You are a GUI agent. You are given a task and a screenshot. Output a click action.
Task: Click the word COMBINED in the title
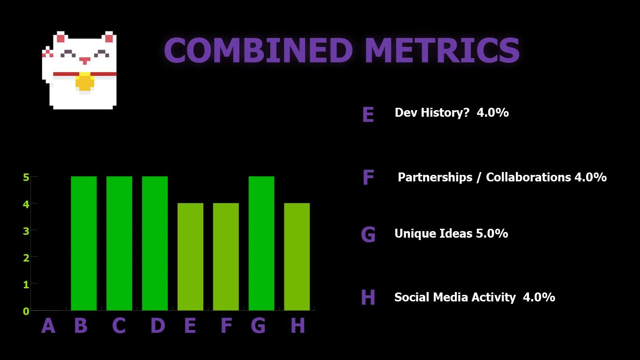coord(258,50)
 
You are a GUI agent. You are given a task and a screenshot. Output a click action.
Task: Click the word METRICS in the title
coord(442,50)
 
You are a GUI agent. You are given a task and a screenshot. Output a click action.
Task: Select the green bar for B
coord(84,243)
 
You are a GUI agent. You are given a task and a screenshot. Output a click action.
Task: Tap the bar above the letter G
coord(261,243)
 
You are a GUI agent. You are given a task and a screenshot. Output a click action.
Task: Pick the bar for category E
coord(190,257)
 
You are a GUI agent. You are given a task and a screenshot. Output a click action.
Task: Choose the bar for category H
coord(297,257)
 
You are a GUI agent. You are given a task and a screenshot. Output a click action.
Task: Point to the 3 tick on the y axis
coord(26,231)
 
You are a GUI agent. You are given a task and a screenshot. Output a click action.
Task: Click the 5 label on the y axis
coord(26,177)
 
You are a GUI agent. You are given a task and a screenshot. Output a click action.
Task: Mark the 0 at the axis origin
coord(26,311)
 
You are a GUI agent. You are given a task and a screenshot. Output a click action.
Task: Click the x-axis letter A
coord(48,325)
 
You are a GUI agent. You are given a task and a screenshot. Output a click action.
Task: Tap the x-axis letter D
coord(158,325)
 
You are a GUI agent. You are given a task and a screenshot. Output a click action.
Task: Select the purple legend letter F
coord(368,177)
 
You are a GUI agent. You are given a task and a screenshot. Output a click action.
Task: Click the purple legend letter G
coord(368,234)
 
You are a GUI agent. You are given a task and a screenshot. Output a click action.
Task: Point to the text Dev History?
coord(432,112)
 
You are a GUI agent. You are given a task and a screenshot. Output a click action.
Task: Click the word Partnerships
coord(435,178)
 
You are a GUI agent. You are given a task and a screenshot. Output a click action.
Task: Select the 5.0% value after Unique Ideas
coord(492,233)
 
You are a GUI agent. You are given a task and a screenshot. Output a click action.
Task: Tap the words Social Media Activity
coord(455,297)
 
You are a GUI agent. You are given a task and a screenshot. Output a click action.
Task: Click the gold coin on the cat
coord(85,82)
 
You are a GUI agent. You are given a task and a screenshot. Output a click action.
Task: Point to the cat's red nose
coord(85,60)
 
